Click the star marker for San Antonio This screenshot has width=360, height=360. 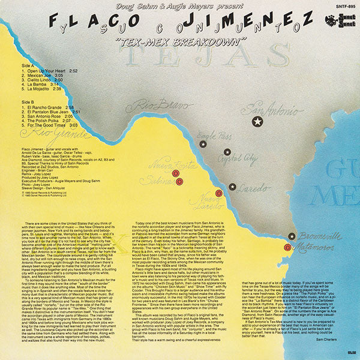[257, 122]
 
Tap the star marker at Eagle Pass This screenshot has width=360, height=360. [203, 144]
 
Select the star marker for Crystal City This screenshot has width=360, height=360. [227, 152]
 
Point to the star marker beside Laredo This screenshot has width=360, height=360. [232, 187]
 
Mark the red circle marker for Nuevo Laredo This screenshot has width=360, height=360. [219, 193]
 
